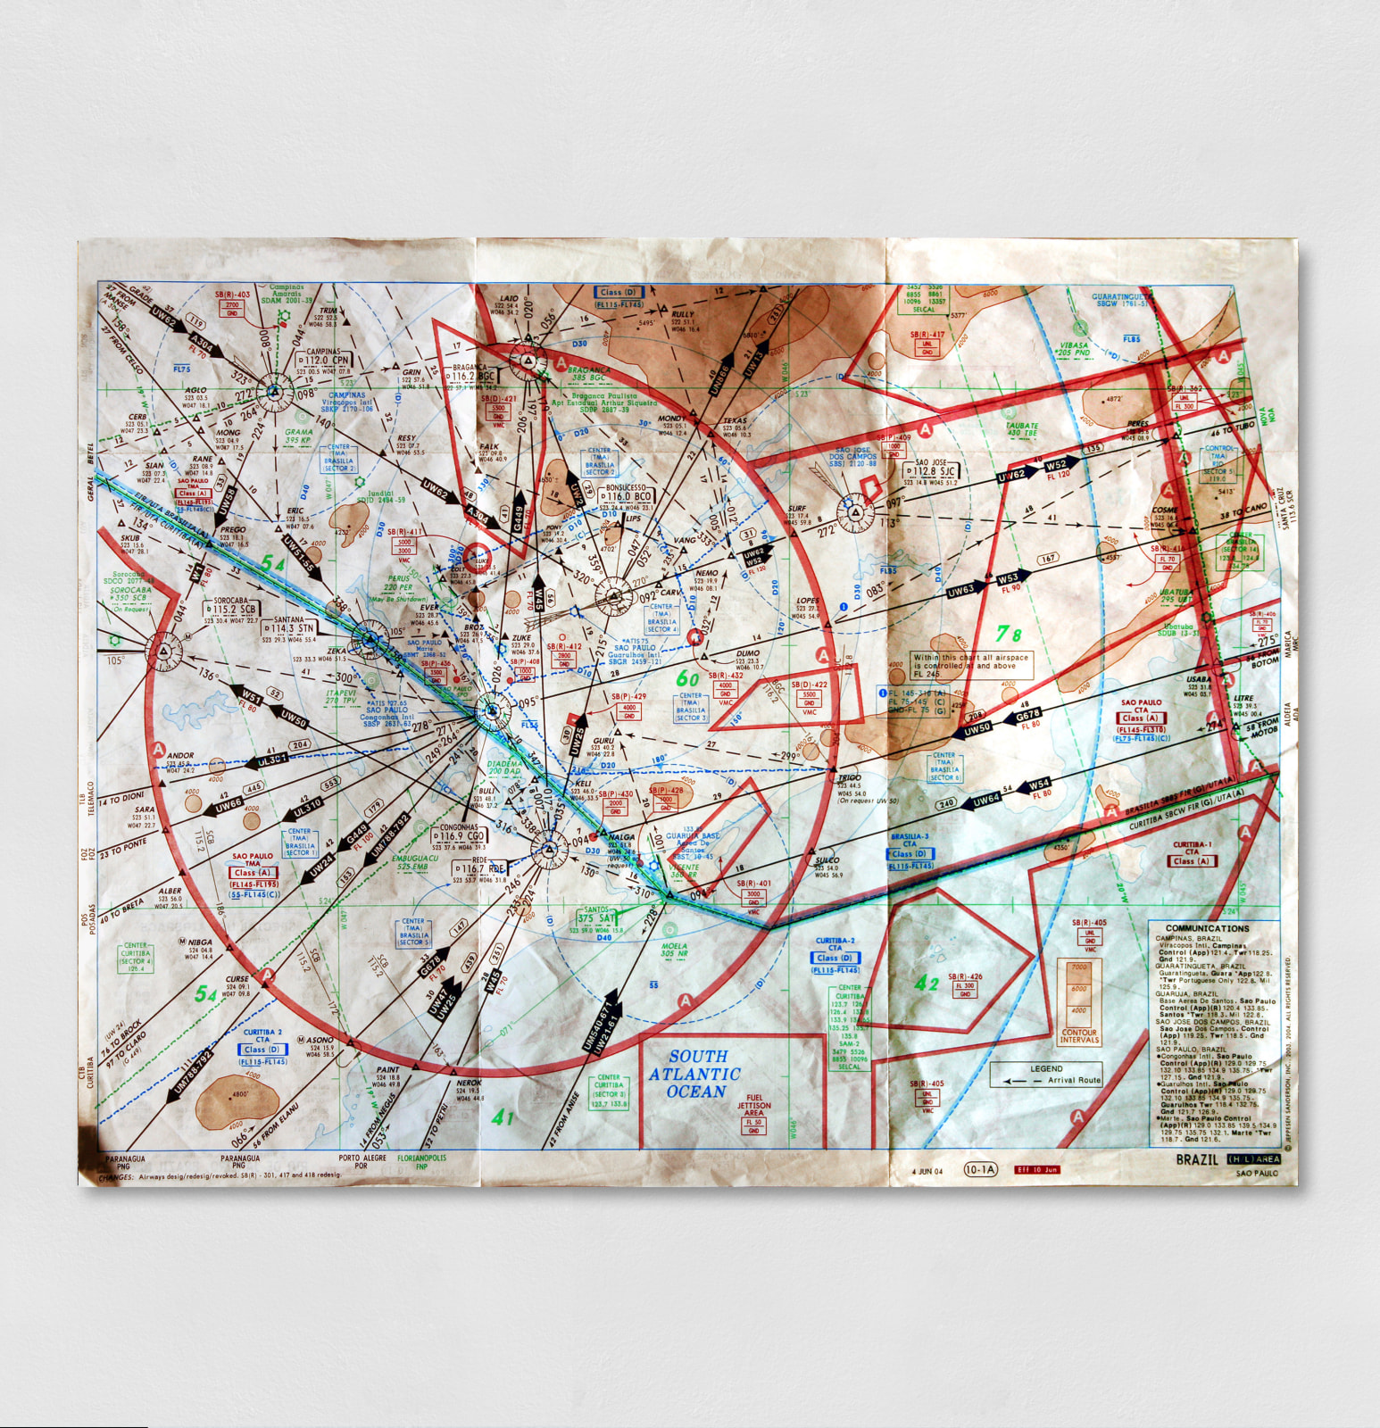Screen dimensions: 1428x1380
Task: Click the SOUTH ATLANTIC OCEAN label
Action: [694, 1074]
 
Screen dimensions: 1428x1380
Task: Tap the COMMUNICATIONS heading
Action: [1207, 928]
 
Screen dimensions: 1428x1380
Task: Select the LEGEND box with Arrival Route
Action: [1046, 1074]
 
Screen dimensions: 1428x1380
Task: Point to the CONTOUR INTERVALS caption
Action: [1079, 1036]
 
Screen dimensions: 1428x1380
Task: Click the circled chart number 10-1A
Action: [979, 1169]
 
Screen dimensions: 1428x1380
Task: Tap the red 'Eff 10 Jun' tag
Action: [1036, 1169]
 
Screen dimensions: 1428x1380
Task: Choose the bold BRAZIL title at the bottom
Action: [1196, 1159]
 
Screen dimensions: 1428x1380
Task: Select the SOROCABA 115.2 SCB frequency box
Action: [232, 610]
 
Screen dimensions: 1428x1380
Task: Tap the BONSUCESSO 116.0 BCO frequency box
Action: [629, 496]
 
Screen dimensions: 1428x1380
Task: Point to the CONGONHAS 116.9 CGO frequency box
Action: [460, 836]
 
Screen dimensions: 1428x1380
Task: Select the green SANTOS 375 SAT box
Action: [595, 917]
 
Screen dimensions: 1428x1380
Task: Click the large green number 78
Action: [1009, 634]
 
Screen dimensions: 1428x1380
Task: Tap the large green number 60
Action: [687, 678]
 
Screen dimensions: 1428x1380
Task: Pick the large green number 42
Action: [926, 984]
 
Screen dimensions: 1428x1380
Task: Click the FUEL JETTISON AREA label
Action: [754, 1105]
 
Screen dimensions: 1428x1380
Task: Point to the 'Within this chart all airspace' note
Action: [970, 661]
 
